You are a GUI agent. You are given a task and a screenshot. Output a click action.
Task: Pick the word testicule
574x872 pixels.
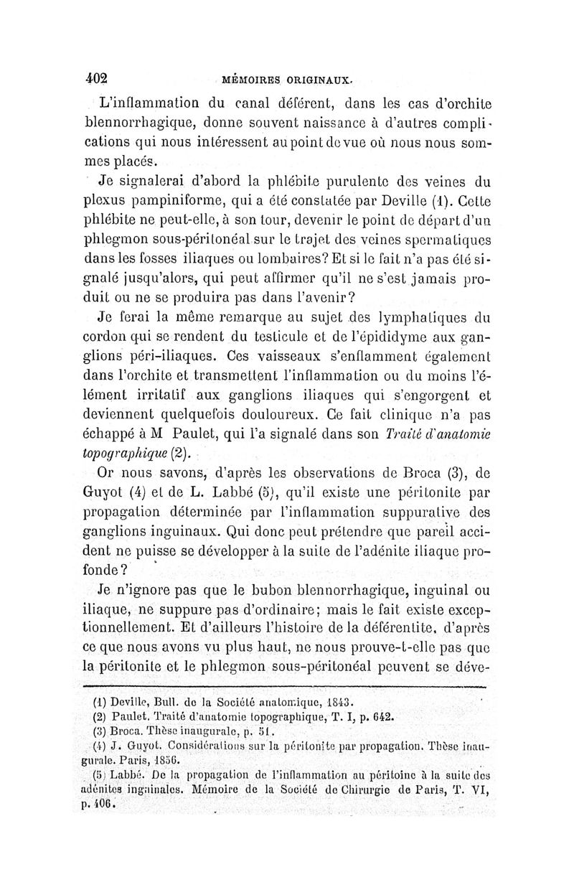tap(311, 354)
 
